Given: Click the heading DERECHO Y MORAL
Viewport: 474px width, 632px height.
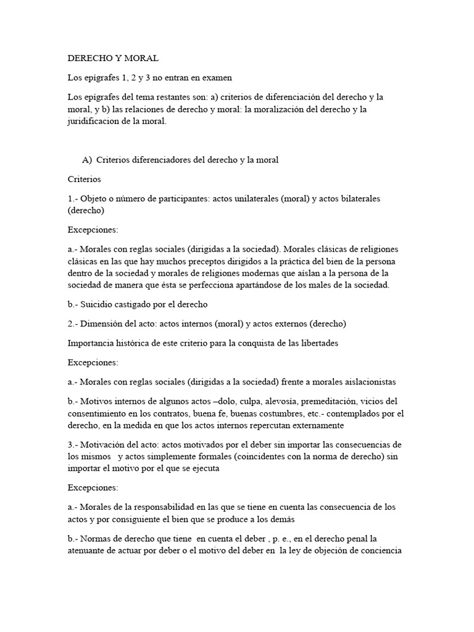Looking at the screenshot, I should click(x=113, y=59).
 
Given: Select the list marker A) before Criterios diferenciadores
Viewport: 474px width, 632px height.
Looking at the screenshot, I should click(x=87, y=160).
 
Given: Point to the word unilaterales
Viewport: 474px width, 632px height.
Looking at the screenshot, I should click(x=270, y=199).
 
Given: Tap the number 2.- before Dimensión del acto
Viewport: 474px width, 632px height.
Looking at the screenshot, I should click(x=74, y=323).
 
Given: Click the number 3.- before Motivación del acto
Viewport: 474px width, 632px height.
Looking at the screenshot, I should click(x=74, y=445).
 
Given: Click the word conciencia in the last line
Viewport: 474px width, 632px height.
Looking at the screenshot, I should click(x=380, y=550).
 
